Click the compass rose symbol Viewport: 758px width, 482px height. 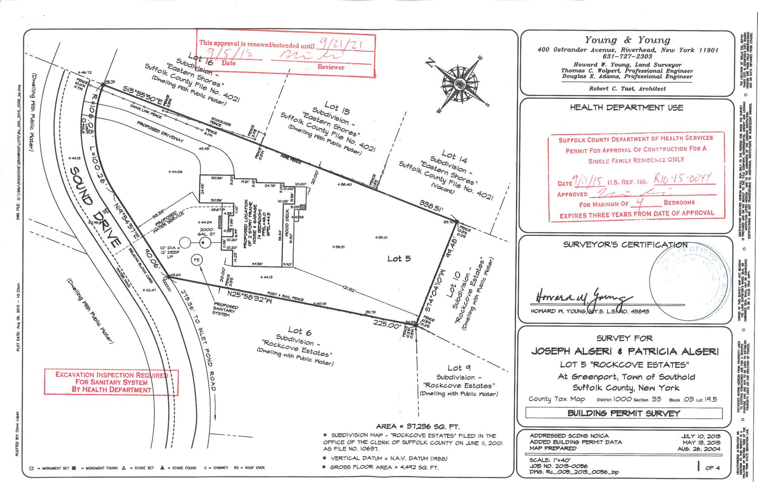pyautogui.click(x=460, y=84)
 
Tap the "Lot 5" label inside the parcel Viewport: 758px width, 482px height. pyautogui.click(x=399, y=258)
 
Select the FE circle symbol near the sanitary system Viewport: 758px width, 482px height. pyautogui.click(x=197, y=260)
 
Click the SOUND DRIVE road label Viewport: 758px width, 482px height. pyautogui.click(x=95, y=206)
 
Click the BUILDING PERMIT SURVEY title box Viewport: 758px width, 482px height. pyautogui.click(x=623, y=413)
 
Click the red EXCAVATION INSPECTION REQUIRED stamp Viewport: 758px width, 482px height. pyautogui.click(x=111, y=382)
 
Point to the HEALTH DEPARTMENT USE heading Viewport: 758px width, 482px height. pyautogui.click(x=626, y=107)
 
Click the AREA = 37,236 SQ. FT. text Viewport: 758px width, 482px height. pyautogui.click(x=418, y=426)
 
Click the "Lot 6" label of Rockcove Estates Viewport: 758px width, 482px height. pyautogui.click(x=300, y=331)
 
